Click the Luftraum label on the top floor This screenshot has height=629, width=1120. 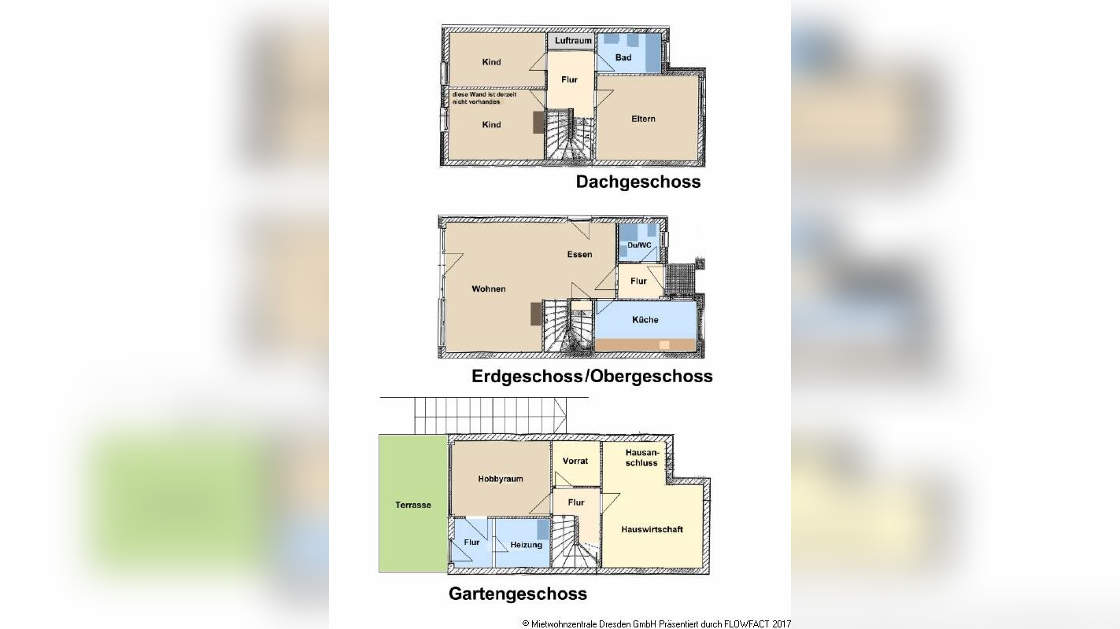pos(572,40)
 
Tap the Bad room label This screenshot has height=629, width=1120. pos(623,57)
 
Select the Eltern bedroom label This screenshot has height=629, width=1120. pos(643,119)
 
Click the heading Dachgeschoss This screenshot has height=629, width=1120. pos(638,182)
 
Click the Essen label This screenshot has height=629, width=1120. pos(579,254)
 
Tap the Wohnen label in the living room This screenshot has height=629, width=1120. pos(489,289)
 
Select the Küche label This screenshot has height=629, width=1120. pos(645,319)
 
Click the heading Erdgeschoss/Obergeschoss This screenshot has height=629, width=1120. pos(592,376)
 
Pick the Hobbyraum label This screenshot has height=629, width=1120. pos(500,478)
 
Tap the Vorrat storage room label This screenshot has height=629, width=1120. pos(575,461)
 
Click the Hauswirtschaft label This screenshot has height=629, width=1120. pos(652,529)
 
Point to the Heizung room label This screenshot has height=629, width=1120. pos(526,545)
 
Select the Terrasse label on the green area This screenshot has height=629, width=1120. pos(412,505)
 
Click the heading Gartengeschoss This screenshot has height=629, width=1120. pos(517,594)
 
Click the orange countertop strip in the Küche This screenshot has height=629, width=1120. pos(645,344)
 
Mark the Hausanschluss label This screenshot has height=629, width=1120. pos(641,458)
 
